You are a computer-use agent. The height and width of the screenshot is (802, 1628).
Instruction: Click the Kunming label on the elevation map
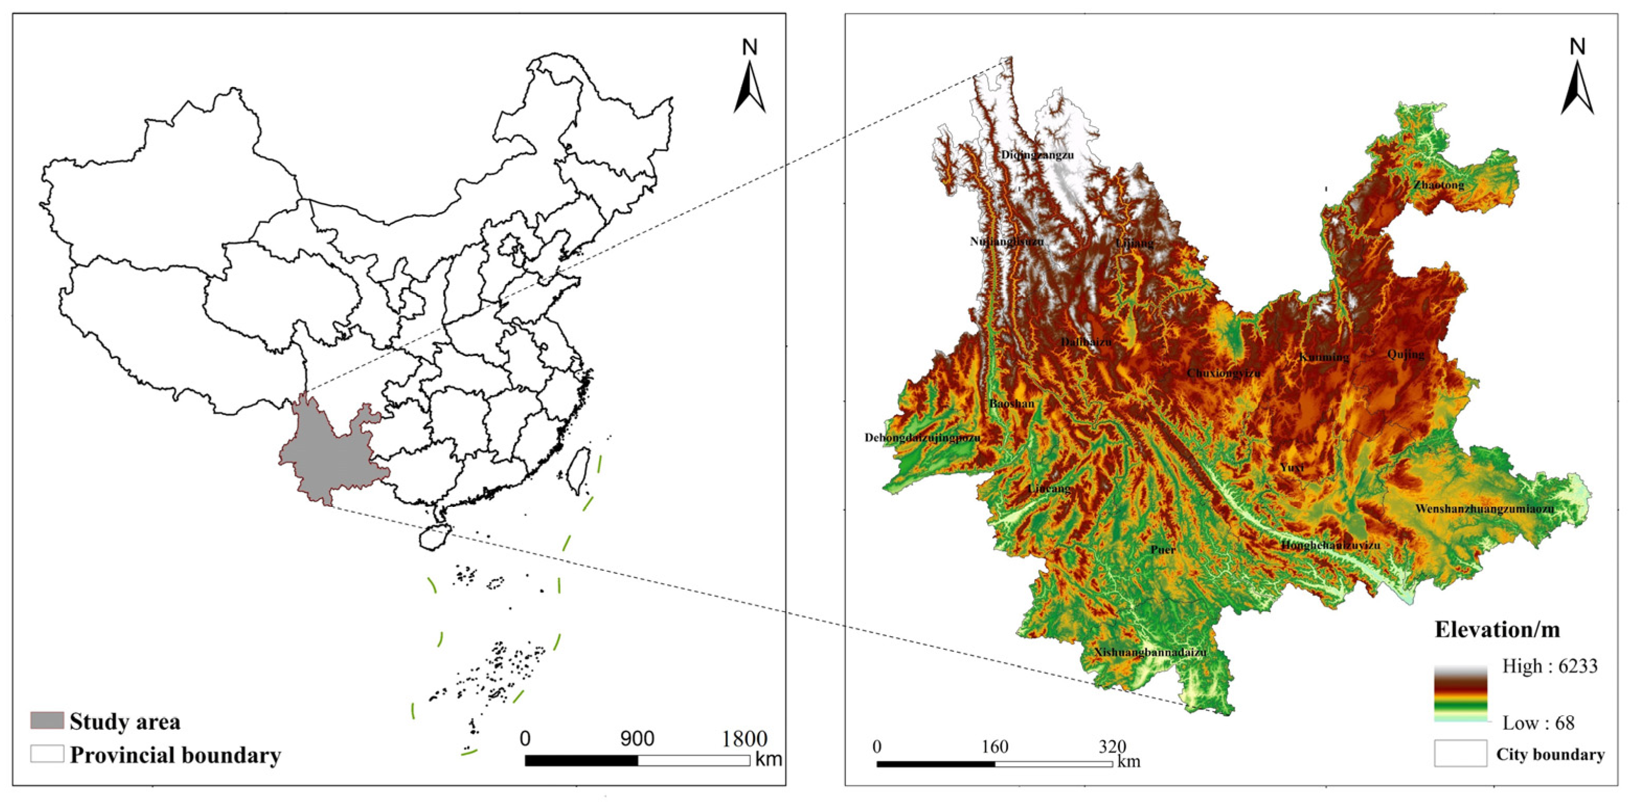(x=1324, y=357)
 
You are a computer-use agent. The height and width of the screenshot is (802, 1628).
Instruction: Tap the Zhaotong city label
(x=1439, y=185)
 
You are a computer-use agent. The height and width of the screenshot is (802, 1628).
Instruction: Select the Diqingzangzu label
(x=1037, y=155)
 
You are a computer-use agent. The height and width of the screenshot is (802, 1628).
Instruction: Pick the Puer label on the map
(x=1162, y=550)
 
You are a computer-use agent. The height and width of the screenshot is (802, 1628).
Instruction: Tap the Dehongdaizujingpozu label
(x=922, y=437)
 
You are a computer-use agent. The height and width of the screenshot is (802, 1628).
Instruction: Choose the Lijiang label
(x=1134, y=243)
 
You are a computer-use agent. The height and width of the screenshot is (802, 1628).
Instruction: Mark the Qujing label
(x=1406, y=354)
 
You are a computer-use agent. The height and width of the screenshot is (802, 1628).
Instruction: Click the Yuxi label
(x=1292, y=468)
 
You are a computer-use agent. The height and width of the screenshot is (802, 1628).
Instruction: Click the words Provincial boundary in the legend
(x=175, y=754)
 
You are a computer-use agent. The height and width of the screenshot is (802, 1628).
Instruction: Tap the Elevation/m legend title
(x=1497, y=629)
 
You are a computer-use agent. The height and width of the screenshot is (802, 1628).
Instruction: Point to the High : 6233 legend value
(x=1550, y=665)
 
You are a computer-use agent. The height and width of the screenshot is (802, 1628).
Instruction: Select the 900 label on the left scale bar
(x=637, y=738)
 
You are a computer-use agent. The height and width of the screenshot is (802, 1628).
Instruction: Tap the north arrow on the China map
(x=750, y=79)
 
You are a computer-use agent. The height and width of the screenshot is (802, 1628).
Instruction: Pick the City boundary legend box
(x=1460, y=754)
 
